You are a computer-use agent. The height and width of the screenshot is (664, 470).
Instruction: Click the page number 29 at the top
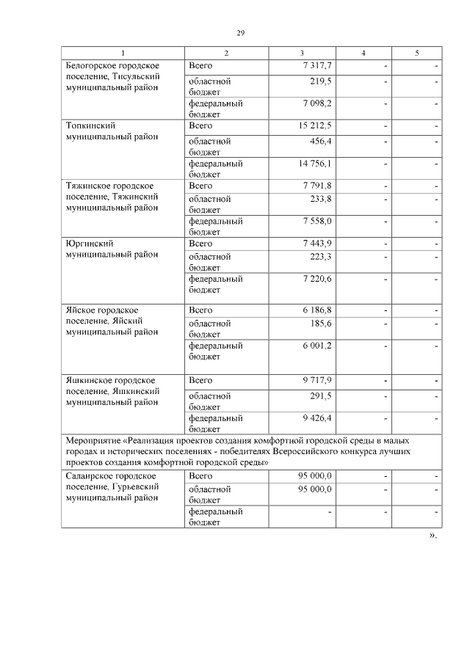click(240, 33)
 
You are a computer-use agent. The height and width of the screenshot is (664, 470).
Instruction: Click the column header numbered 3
click(302, 54)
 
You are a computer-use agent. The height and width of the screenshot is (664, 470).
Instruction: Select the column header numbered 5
click(416, 54)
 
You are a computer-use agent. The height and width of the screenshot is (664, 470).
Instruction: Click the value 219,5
click(320, 81)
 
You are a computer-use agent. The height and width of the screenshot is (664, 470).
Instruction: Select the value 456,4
click(320, 141)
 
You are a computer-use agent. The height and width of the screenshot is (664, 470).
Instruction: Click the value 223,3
click(320, 257)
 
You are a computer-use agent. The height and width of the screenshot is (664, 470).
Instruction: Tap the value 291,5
click(320, 395)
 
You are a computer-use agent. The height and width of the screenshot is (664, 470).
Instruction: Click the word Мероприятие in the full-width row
click(92, 440)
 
